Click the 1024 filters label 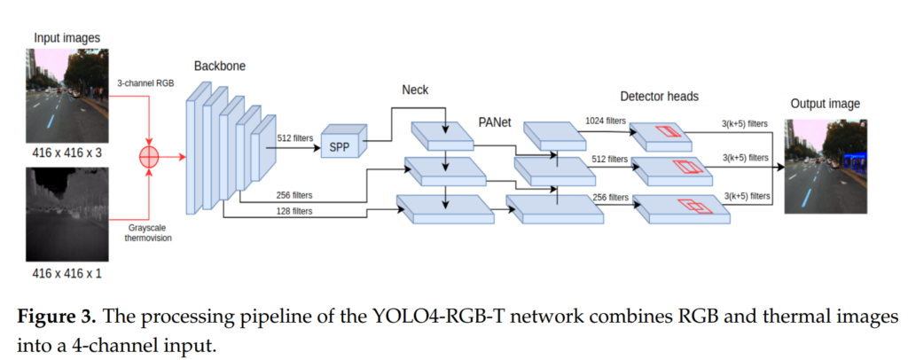point(606,120)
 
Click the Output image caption point(825,104)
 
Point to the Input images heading point(67,37)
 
